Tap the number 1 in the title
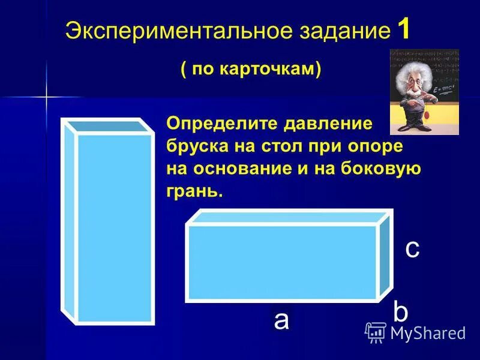click(403, 29)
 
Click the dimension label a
click(281, 320)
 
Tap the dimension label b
click(400, 313)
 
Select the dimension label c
click(412, 248)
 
